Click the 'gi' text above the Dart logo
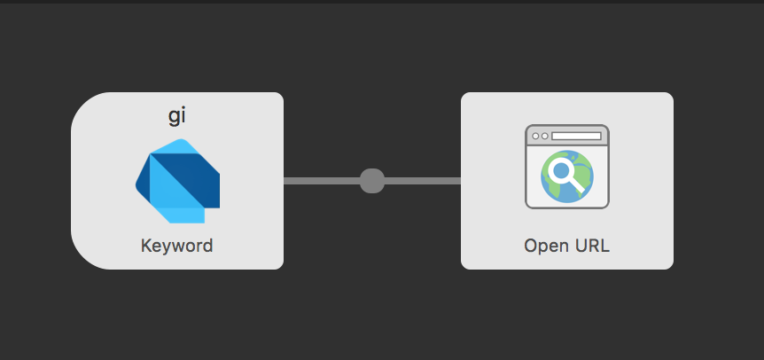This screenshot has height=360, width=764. click(177, 117)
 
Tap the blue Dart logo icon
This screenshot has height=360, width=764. click(177, 181)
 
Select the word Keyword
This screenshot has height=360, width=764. click(177, 245)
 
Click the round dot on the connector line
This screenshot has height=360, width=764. click(372, 181)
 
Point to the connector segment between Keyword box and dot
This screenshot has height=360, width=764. click(322, 181)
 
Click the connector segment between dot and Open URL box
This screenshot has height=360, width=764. click(423, 181)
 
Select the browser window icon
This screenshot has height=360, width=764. click(567, 167)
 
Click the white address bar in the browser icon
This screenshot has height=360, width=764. click(576, 136)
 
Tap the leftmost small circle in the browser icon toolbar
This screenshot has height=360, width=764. click(535, 136)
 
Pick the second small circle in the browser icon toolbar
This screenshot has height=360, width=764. click(545, 136)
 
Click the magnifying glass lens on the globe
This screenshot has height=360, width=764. click(561, 170)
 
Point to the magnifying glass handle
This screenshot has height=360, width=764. click(577, 184)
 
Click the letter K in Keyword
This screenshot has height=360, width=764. click(145, 245)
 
